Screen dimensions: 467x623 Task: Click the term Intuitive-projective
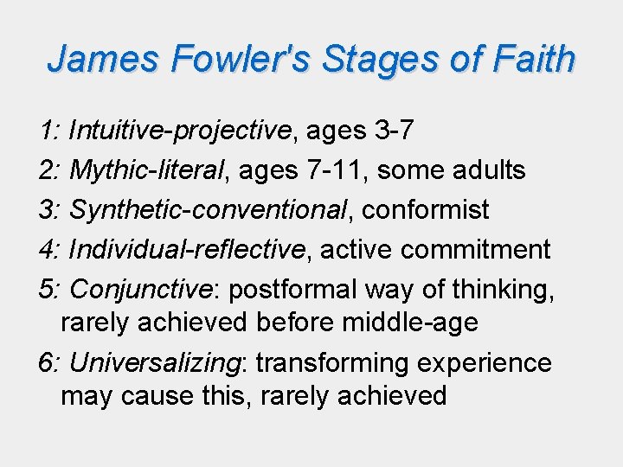tap(179, 131)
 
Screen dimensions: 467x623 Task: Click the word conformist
tap(426, 210)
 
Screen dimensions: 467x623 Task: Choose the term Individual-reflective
tap(187, 250)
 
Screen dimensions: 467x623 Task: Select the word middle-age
tap(409, 323)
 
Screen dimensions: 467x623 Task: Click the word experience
tap(485, 362)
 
